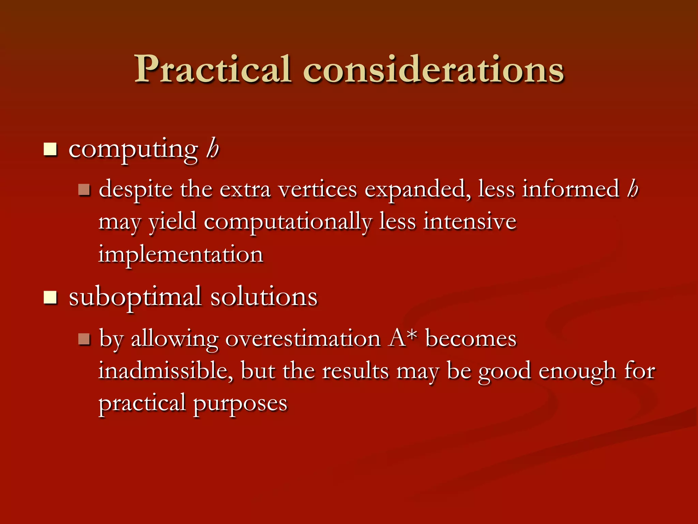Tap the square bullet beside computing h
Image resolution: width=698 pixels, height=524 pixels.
(50, 149)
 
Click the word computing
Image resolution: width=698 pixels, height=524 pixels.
(133, 150)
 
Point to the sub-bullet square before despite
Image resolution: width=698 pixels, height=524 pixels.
(84, 190)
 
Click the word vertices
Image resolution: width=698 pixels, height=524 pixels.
(318, 189)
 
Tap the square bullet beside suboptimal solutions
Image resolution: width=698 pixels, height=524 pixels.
(50, 297)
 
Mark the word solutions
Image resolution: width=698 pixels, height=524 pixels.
(264, 297)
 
